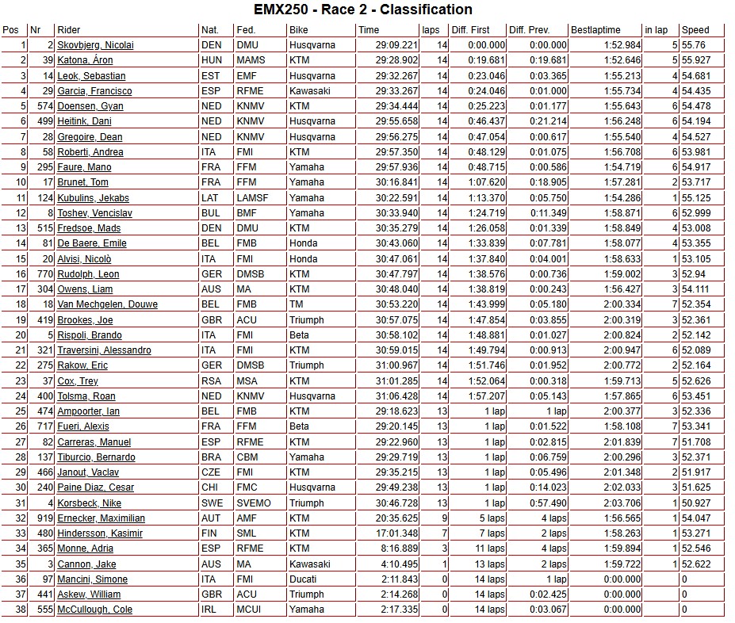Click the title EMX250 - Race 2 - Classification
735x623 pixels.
pos(363,10)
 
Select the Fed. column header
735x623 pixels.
pos(246,30)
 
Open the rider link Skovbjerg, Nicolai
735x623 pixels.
pos(95,45)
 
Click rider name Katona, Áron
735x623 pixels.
pos(85,60)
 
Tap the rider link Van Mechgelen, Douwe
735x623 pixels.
pos(107,304)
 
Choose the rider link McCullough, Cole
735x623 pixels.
pos(94,610)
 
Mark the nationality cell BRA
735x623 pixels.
pos(212,457)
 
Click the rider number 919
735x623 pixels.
pos(42,518)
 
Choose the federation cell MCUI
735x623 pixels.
pos(248,610)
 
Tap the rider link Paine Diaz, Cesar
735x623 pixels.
pos(95,487)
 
